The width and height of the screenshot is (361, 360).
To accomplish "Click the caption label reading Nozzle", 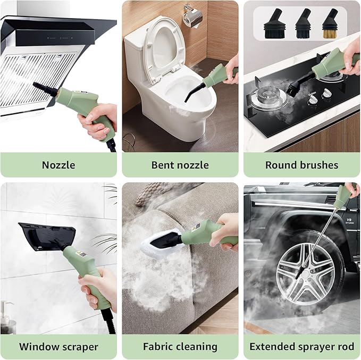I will pos(58,165).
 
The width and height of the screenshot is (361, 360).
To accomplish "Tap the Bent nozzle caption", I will pos(180,165).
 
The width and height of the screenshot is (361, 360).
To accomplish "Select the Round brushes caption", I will pos(301,165).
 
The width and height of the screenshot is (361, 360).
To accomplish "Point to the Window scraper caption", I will pos(58,347).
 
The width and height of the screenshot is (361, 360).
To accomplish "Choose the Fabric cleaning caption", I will pos(180,347).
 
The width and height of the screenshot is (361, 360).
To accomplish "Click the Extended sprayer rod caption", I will pos(301,347).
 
